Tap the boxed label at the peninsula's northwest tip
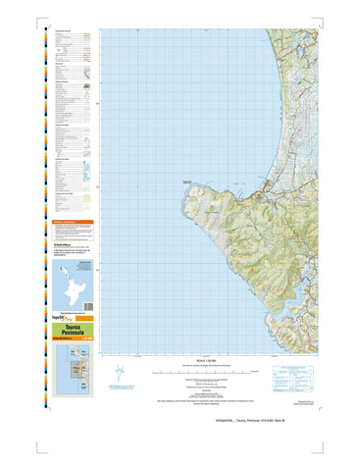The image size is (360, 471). pos(188,180)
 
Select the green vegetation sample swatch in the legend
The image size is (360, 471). pos(87,201)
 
